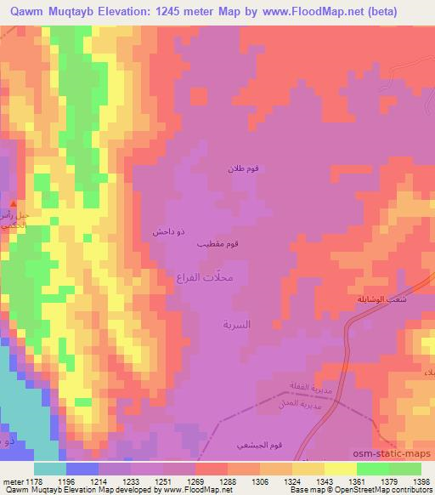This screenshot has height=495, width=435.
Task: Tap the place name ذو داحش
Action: tap(163, 230)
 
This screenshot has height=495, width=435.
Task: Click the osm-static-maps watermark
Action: tap(402, 452)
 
